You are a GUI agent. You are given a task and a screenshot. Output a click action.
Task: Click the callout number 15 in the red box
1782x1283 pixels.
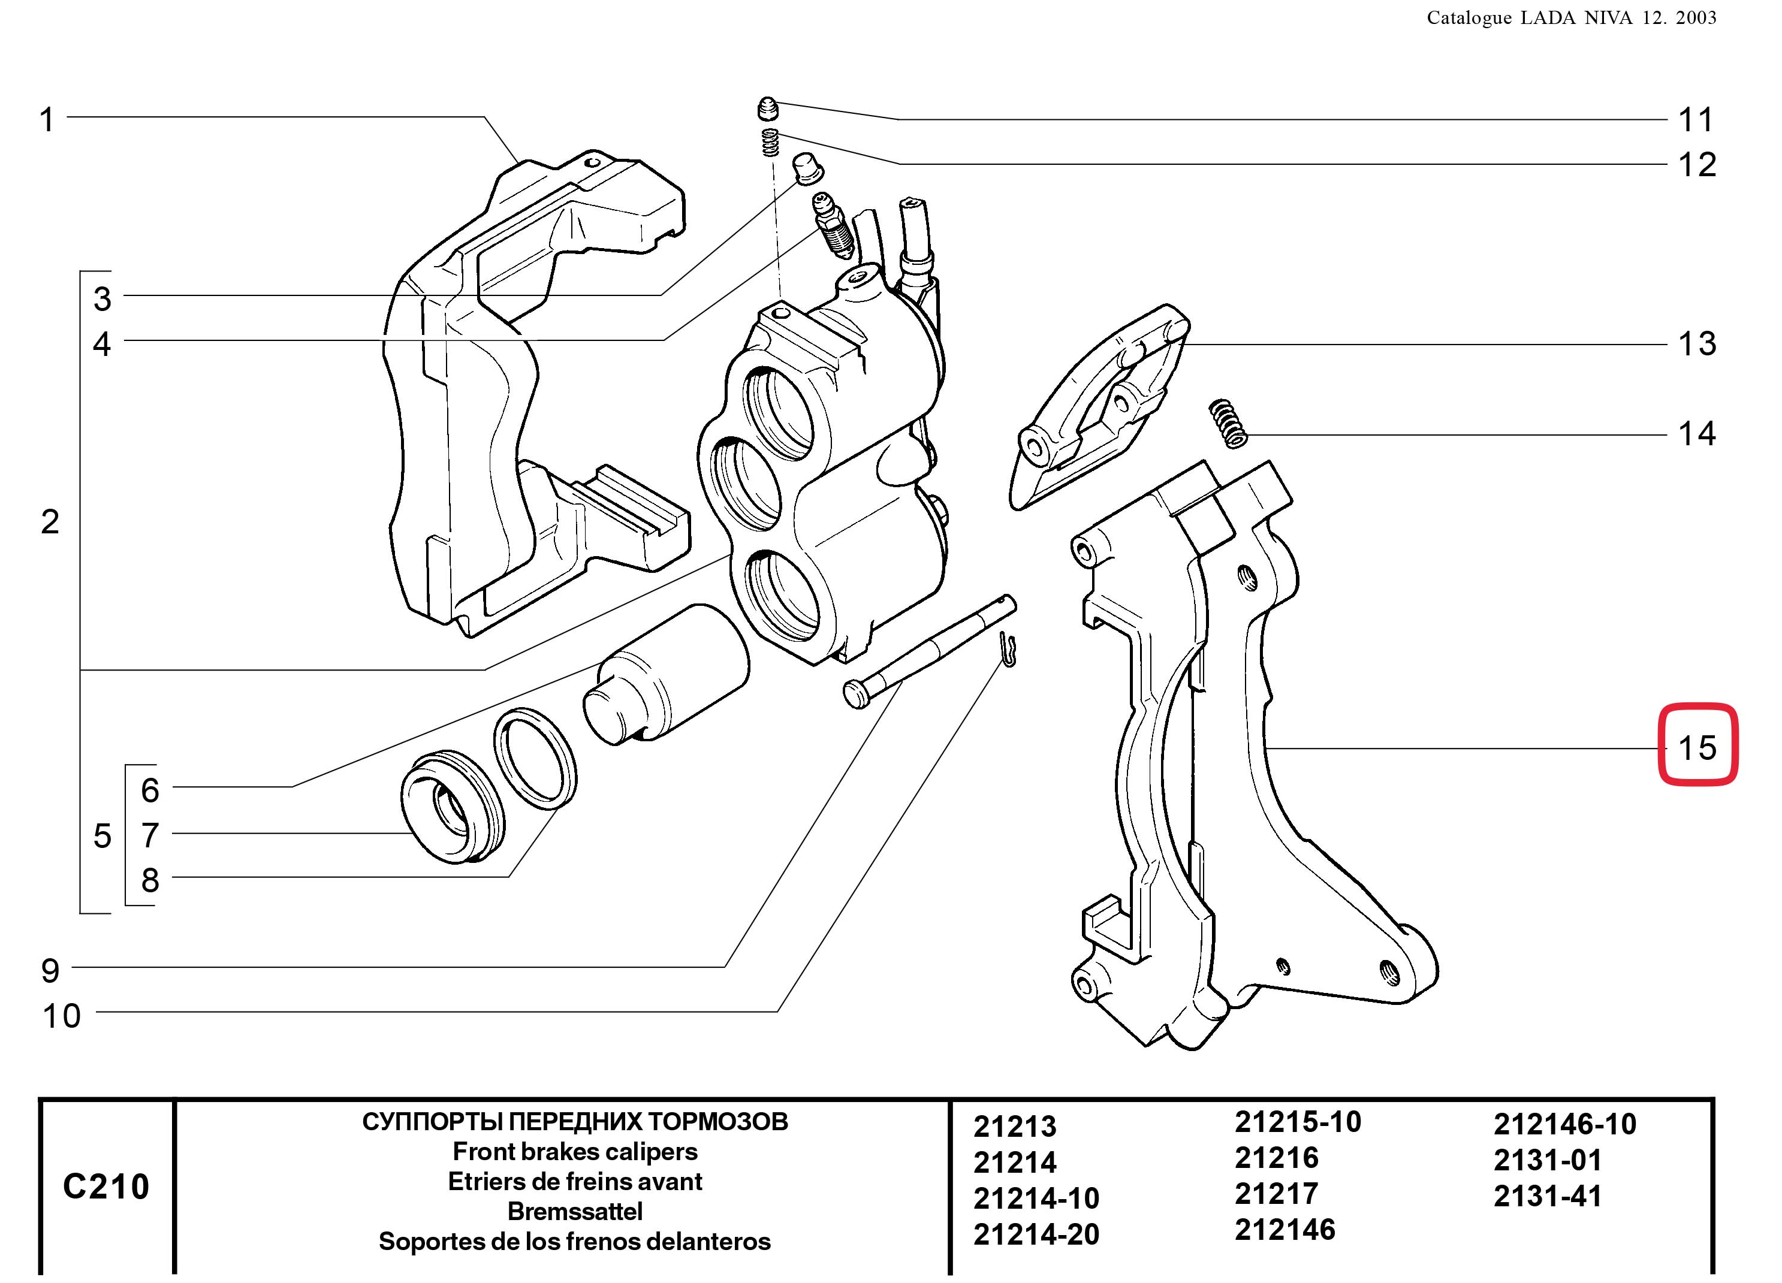coord(1696,747)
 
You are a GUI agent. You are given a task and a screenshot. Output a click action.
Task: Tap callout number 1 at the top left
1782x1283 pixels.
coord(47,120)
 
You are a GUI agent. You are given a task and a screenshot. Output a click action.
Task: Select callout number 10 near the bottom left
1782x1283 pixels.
coord(61,1016)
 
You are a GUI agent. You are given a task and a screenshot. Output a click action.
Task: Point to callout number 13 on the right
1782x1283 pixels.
coord(1696,344)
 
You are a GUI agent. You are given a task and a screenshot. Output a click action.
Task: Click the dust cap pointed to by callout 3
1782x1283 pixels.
coord(807,167)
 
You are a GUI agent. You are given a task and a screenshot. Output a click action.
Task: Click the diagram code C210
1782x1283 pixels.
coord(106,1187)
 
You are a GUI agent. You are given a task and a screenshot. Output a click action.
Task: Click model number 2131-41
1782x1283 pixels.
coord(1547,1196)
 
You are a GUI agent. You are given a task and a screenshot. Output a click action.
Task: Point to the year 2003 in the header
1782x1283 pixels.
coord(1696,18)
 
